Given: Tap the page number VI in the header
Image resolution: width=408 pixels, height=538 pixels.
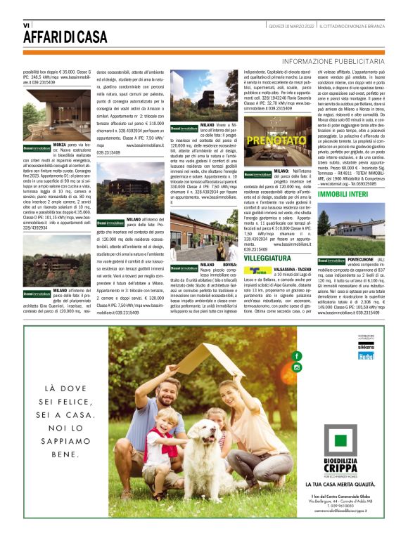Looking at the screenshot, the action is click(x=26, y=25).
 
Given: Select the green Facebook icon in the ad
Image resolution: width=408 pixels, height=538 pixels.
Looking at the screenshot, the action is click(x=296, y=357).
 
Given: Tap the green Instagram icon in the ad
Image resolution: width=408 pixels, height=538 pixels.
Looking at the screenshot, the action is click(x=296, y=367).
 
